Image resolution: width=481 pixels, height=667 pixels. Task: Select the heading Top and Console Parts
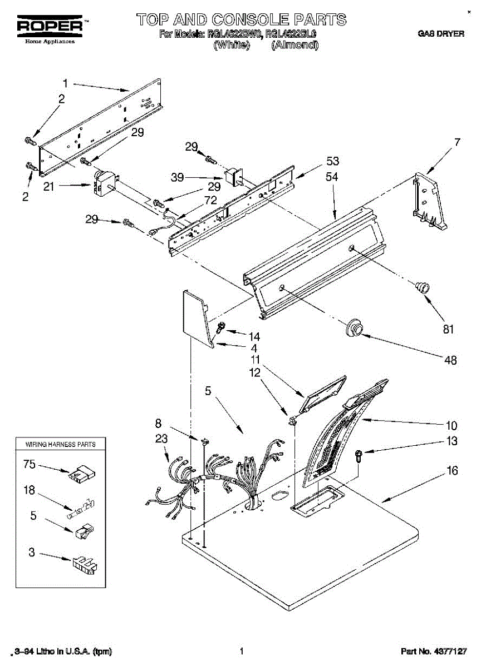coord(241,19)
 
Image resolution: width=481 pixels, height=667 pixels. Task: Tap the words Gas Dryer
coord(441,34)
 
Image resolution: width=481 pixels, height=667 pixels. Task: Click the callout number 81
coord(448,329)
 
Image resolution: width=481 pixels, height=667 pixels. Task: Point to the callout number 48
coord(450,360)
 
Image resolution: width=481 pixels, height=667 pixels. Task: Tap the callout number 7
coord(457,142)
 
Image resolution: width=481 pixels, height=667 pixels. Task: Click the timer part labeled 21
coord(103,183)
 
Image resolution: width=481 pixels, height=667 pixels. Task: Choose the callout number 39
coord(177,177)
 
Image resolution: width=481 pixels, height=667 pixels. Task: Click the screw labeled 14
coord(220,328)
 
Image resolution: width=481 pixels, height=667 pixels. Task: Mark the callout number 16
coord(452,471)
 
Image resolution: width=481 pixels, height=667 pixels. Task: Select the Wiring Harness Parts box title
coord(61,444)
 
